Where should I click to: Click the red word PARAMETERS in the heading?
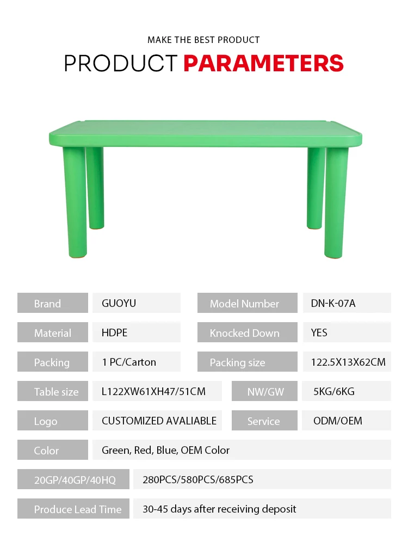pos(263,63)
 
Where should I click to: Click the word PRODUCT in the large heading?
pos(121,63)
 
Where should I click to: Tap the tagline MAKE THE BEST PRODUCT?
pos(203,40)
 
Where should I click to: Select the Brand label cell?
pos(52,303)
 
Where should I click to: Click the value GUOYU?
pos(119,303)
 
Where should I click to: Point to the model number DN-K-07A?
pos(333,303)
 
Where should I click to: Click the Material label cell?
pos(52,332)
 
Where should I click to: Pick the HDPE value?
pos(114,332)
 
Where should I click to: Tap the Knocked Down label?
pos(244,332)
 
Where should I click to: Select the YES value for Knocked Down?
pos(319,332)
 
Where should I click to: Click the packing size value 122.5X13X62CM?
pos(348,362)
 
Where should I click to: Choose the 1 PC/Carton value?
pos(128,362)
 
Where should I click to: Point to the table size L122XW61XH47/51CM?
pos(153,391)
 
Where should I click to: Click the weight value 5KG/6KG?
pos(333,391)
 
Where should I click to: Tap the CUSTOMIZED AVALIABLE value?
pos(159,421)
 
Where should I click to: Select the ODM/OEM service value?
pos(337,421)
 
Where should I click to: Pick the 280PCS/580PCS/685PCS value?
pos(198,479)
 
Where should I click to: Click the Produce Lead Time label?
pos(77,509)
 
